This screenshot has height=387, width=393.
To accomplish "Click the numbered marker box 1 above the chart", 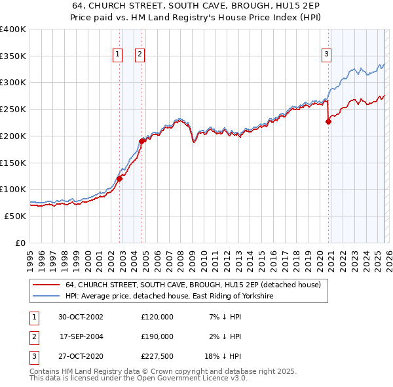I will [118, 55].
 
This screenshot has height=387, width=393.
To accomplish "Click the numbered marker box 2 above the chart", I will [140, 55].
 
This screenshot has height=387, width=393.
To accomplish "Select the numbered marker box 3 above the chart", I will [326, 55].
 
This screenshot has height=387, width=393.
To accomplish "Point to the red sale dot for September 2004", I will [141, 141].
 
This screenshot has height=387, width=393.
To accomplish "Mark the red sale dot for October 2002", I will [120, 178].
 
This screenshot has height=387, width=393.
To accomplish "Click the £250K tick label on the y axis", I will [13, 109].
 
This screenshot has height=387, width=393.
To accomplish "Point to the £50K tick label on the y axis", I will [16, 216].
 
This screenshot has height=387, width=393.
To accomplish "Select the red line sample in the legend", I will [46, 285].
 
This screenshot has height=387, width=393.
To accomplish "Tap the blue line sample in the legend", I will [46, 296].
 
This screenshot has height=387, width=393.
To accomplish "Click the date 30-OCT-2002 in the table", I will [81, 317].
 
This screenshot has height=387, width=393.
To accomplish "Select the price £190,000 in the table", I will [157, 337].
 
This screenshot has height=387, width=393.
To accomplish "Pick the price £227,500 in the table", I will [157, 357].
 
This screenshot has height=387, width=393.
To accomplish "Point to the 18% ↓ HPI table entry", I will [223, 357].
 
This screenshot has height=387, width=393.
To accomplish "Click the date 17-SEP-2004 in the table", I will [81, 337].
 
